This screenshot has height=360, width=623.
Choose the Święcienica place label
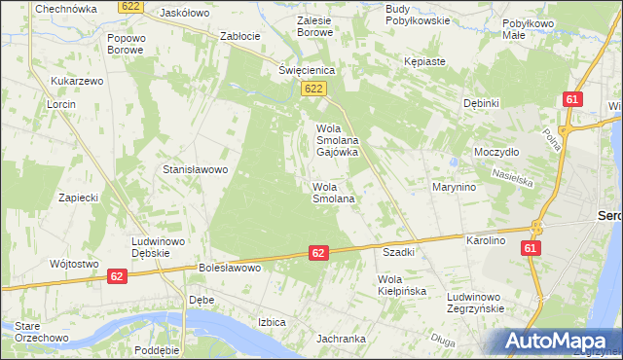(x=307, y=70)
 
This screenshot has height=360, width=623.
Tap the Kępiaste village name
(x=424, y=61)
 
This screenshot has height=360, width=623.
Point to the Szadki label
(x=399, y=252)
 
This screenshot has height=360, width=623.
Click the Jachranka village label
(x=340, y=339)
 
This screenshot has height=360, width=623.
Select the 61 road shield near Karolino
(x=530, y=250)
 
